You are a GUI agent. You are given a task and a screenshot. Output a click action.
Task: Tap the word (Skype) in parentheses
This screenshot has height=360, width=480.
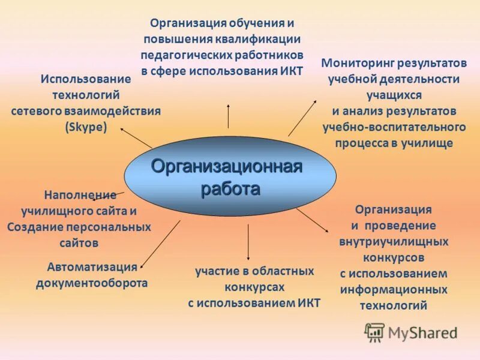point(86,127)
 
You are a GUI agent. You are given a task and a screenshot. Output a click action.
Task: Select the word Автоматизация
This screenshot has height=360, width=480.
point(92,267)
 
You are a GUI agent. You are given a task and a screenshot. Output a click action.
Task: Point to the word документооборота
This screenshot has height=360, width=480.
point(92,283)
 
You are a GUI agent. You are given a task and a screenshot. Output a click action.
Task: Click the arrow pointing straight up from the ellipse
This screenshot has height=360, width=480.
point(228,115)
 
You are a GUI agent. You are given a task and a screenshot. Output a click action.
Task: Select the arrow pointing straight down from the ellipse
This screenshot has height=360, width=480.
point(248,243)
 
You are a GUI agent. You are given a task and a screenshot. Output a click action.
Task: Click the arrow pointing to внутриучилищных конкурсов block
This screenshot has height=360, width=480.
point(312,220)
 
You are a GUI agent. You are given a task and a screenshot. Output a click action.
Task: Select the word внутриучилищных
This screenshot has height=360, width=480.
point(394,242)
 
